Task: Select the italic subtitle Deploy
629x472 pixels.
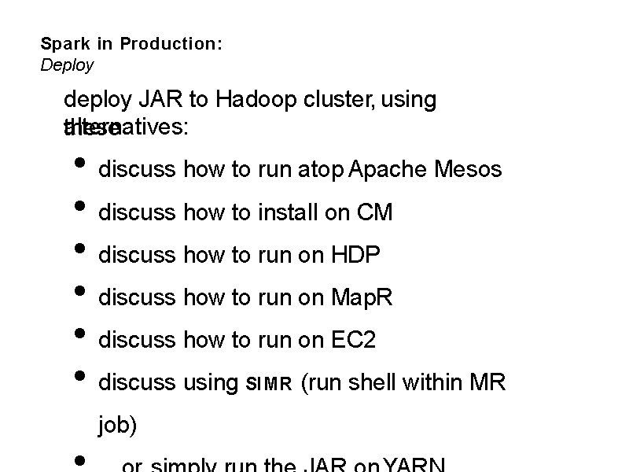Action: point(67,65)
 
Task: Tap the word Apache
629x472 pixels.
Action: point(388,169)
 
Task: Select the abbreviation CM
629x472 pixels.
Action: point(374,212)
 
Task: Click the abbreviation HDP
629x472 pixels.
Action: point(355,255)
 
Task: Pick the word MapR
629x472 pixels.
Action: point(362,297)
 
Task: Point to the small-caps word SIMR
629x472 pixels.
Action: point(270,384)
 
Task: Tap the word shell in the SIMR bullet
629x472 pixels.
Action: point(372,382)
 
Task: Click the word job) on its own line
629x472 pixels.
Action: point(117,426)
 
